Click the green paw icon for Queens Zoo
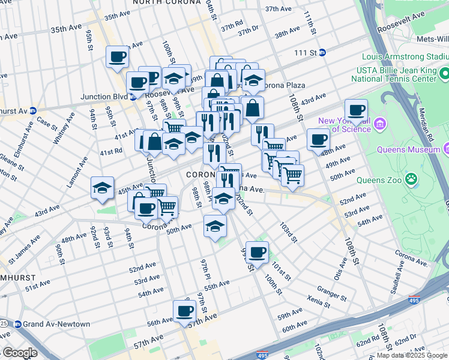click(x=411, y=178)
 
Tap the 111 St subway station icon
click(x=322, y=53)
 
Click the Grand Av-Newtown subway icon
click(x=17, y=324)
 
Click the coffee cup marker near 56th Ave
click(x=184, y=311)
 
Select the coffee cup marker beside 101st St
click(x=257, y=253)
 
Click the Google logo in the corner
click(x=19, y=352)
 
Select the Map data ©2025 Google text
click(x=412, y=355)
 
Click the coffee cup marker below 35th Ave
click(x=117, y=57)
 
